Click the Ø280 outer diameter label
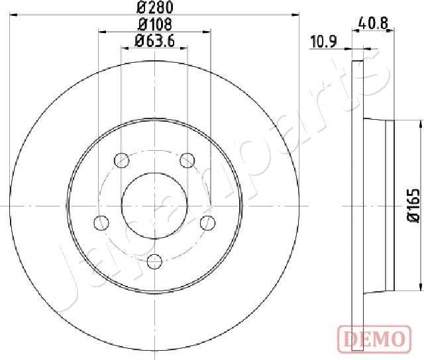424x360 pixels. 154,9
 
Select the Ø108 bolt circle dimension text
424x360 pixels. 154,24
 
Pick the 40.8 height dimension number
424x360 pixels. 375,22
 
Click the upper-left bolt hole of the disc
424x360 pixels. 121,159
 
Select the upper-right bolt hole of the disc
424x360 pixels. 187,159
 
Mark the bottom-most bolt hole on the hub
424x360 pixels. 154,260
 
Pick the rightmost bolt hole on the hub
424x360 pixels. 207,222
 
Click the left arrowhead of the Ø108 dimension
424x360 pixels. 102,31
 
